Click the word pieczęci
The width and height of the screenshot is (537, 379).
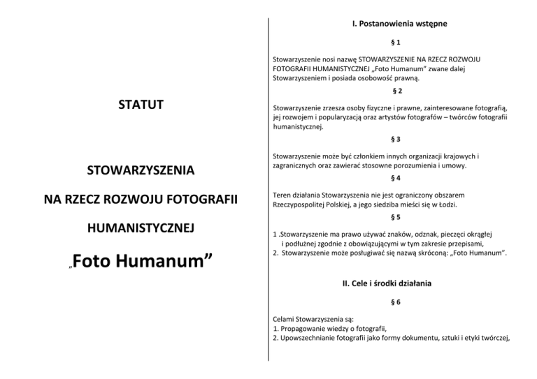tap(441, 235)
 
